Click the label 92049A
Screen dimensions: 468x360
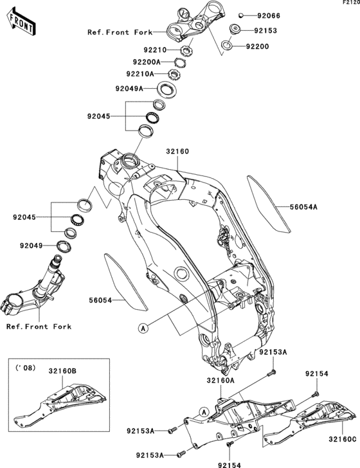pyautogui.click(x=130, y=89)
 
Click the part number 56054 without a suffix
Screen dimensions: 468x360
pyautogui.click(x=101, y=300)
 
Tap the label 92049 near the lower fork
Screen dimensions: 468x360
pyautogui.click(x=32, y=246)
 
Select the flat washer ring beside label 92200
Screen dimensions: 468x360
pyautogui.click(x=229, y=46)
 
